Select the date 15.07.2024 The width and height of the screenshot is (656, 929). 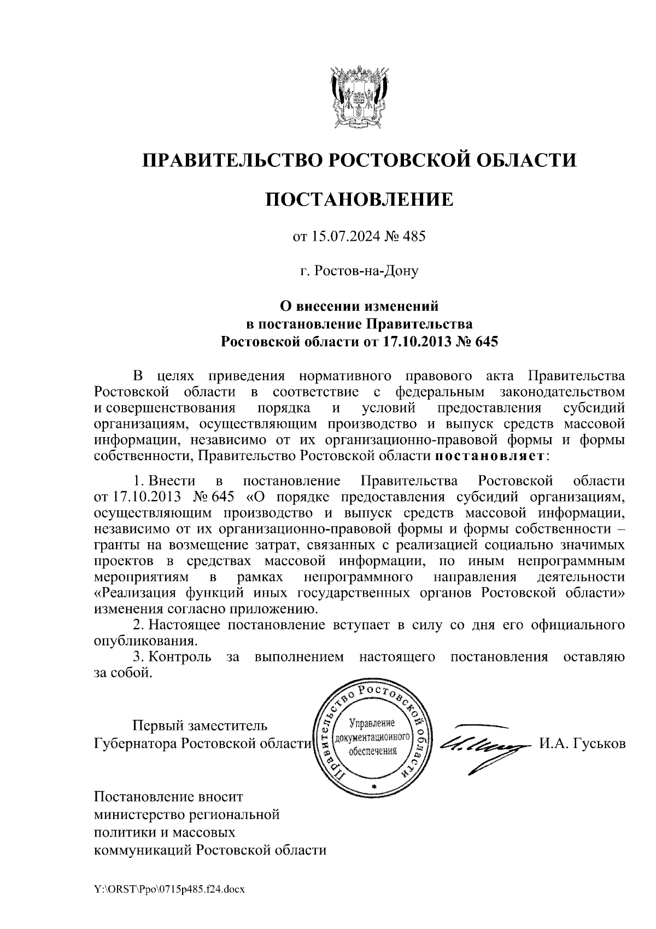pyautogui.click(x=341, y=237)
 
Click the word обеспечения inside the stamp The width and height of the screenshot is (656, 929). pyautogui.click(x=374, y=751)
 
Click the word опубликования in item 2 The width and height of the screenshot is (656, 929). pyautogui.click(x=145, y=641)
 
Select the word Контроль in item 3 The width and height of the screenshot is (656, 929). pyautogui.click(x=180, y=657)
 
